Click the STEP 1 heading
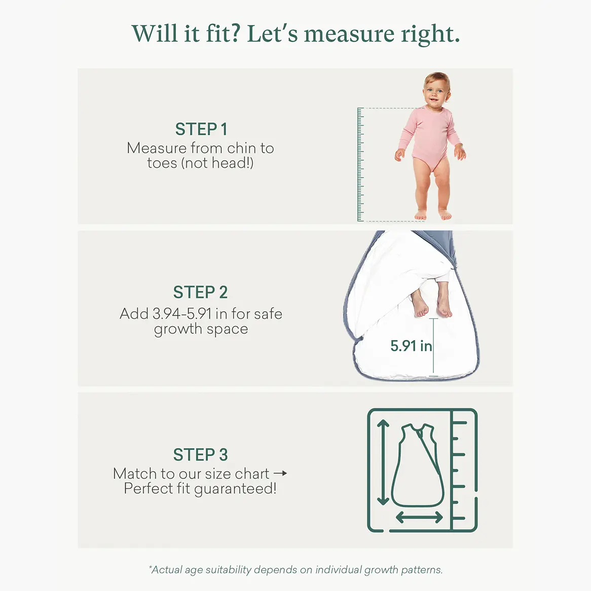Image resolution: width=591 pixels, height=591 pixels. click(201, 129)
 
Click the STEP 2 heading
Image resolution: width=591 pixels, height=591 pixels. click(201, 292)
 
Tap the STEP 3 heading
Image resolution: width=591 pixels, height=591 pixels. click(201, 455)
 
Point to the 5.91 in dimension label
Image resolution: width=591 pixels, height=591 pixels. click(411, 346)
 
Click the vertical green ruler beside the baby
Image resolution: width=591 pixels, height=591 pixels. click(360, 164)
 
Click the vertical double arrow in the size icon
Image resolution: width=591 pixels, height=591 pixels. click(383, 462)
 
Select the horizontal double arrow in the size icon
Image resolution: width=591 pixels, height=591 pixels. click(419, 517)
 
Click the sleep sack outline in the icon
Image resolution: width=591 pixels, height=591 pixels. click(418, 465)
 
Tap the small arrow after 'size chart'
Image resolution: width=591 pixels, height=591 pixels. click(280, 473)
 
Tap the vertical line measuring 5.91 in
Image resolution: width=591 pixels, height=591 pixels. click(434, 347)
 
